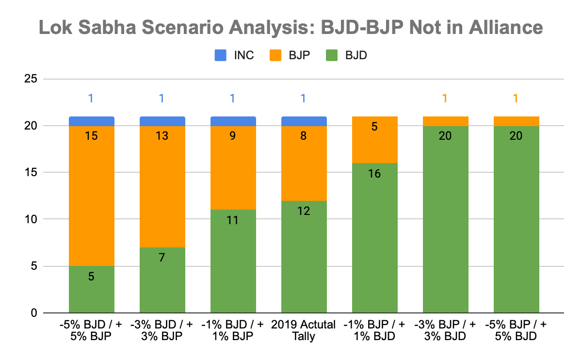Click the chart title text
(291, 28)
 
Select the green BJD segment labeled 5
(91, 290)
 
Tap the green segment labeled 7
(162, 280)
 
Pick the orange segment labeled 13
(162, 187)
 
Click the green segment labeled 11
(233, 261)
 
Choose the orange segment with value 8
(304, 164)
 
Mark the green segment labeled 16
(374, 238)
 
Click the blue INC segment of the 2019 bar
(304, 121)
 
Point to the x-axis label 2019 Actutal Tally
(304, 330)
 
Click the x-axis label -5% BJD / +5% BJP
(91, 330)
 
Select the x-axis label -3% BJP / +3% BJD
(445, 330)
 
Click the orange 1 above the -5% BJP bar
(516, 98)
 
